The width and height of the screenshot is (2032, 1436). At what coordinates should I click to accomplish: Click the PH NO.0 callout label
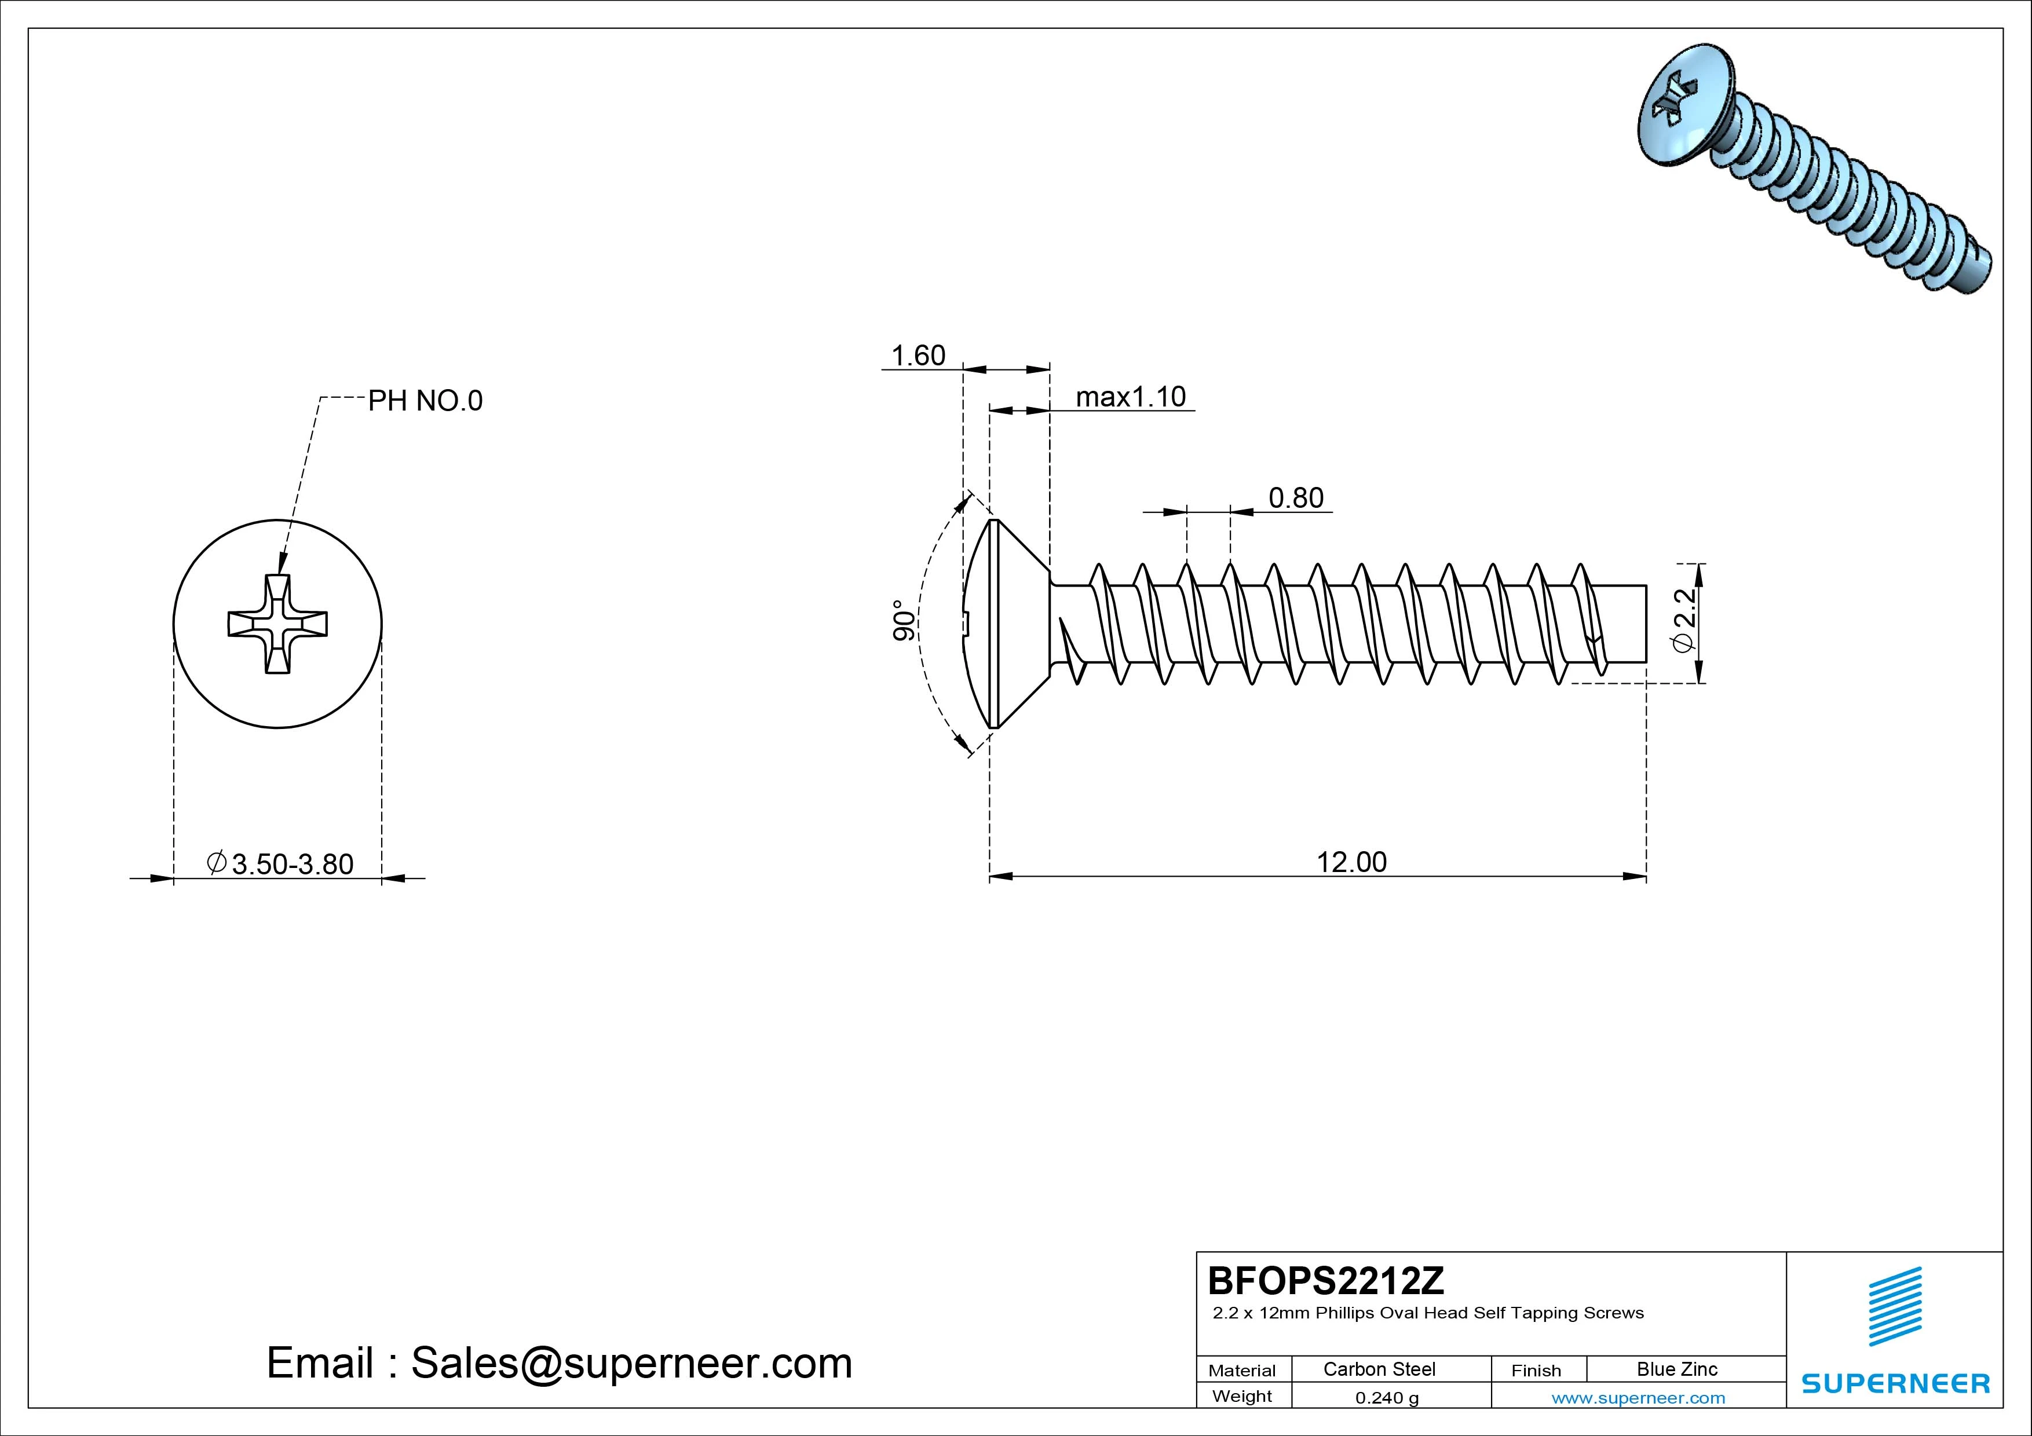point(425,401)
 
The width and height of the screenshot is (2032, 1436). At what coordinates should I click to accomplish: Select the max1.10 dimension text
point(1130,397)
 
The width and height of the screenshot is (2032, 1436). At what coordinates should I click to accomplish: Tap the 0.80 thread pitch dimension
point(1296,498)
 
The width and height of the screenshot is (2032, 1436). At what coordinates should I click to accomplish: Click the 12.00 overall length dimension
point(1351,862)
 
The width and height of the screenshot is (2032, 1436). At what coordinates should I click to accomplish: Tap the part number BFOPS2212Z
point(1325,1280)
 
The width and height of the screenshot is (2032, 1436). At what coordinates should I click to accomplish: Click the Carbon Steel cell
point(1379,1369)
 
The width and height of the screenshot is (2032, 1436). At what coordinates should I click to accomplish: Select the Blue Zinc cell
point(1676,1369)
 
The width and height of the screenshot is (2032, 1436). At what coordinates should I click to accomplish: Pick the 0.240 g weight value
point(1386,1398)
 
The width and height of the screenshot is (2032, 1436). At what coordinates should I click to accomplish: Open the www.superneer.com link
point(1638,1398)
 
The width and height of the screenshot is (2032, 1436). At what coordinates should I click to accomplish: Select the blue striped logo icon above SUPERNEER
point(1895,1306)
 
